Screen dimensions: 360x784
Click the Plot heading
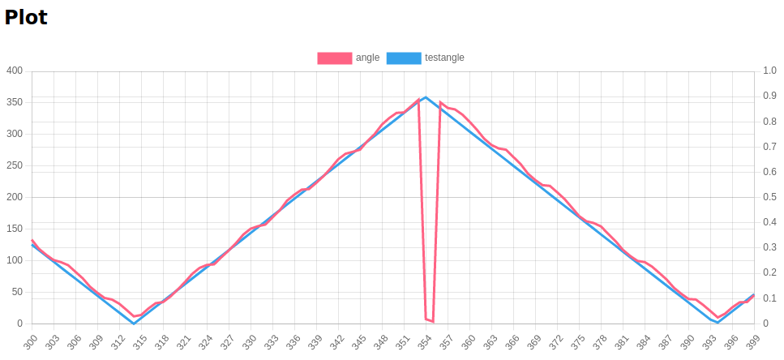(x=26, y=17)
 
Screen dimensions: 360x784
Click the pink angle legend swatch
(x=334, y=58)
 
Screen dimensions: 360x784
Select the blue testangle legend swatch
(x=404, y=58)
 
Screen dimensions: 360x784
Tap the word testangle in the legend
(x=444, y=58)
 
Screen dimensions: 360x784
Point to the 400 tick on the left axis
(x=15, y=71)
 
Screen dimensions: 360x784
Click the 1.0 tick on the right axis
(x=769, y=71)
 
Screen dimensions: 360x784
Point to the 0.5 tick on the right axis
(x=769, y=198)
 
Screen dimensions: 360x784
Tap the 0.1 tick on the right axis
(x=769, y=299)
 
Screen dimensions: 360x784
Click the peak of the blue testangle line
(x=426, y=97)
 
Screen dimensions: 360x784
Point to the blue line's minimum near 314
(x=134, y=324)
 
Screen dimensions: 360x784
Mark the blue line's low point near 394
(x=718, y=323)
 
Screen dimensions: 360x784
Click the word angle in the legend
(x=367, y=58)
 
